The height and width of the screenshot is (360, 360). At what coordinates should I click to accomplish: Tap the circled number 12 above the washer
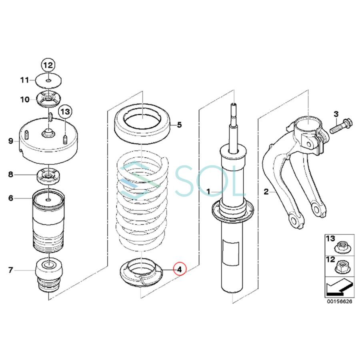pos(48,65)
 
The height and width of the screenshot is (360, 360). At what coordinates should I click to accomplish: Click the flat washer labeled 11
pos(48,81)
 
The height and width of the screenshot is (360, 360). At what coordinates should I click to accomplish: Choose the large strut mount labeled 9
pos(48,142)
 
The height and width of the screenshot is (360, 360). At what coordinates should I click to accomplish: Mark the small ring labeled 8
pos(48,175)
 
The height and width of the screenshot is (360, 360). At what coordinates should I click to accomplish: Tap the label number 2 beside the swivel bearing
pos(266,192)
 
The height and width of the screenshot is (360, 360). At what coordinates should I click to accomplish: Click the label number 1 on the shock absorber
pos(208,192)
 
